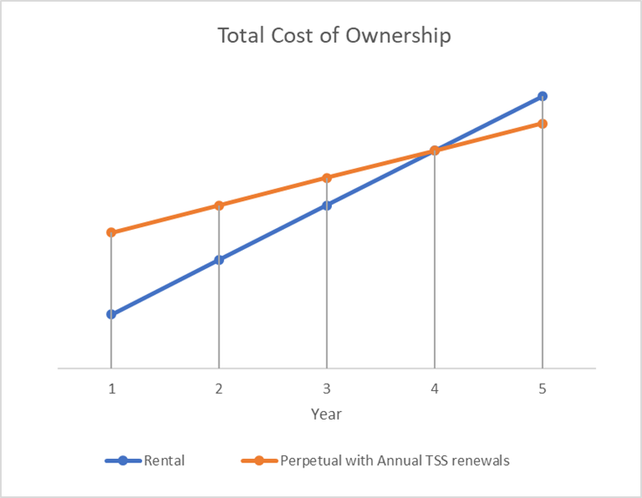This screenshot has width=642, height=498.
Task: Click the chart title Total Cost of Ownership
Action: click(x=335, y=37)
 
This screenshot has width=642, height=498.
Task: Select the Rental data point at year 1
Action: click(x=112, y=314)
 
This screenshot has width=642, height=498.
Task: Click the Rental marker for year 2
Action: click(x=219, y=259)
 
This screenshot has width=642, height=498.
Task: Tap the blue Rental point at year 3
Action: click(x=327, y=205)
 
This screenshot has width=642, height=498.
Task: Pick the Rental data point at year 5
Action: click(x=542, y=97)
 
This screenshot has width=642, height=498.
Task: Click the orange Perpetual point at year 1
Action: click(x=112, y=232)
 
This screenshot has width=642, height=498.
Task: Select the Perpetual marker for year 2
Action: click(x=219, y=205)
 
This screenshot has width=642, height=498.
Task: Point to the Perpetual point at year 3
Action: click(x=327, y=178)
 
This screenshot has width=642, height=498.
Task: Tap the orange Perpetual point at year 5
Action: click(x=542, y=124)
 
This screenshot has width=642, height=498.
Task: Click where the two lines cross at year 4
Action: click(x=434, y=151)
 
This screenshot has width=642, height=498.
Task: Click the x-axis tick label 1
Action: click(x=112, y=390)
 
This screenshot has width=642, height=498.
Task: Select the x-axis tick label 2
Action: click(x=219, y=390)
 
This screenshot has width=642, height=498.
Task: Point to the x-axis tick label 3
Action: click(x=327, y=390)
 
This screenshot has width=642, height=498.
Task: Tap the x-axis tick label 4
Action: click(x=434, y=390)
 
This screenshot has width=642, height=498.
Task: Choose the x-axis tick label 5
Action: click(x=542, y=390)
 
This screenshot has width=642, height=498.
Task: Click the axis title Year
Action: click(x=327, y=414)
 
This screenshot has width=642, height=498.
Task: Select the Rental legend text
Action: click(x=164, y=461)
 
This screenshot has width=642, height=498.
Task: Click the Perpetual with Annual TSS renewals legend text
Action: click(x=395, y=461)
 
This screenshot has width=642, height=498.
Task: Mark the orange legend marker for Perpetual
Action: click(x=259, y=461)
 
